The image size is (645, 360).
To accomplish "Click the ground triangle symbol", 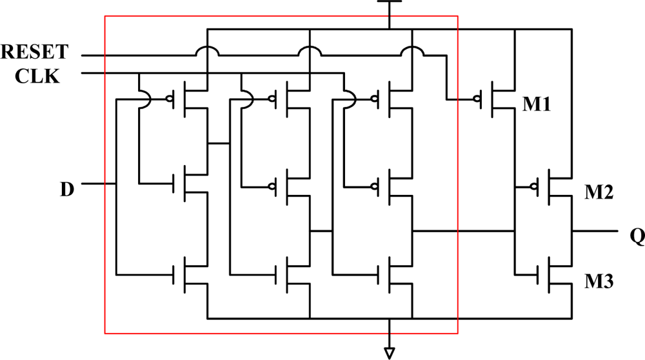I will (x=390, y=352).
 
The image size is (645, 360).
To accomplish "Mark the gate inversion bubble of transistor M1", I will (x=477, y=99).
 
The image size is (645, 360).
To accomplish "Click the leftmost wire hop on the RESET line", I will (x=206, y=52).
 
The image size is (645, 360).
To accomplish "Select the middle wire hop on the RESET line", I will (x=310, y=52).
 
